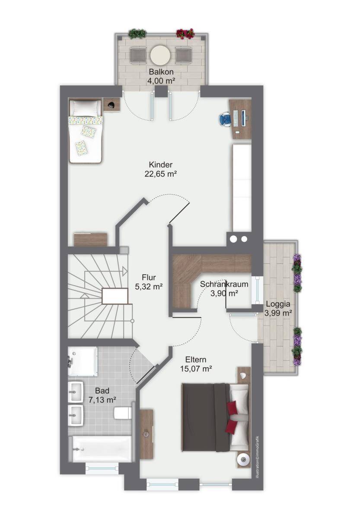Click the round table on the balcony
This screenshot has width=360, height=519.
point(160,55)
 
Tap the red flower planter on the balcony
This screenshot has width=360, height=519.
point(185,34)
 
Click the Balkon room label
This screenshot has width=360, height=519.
point(161,72)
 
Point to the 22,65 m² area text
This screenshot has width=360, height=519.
point(161,174)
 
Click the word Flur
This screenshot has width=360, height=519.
point(149,277)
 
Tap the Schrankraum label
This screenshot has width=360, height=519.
point(224,284)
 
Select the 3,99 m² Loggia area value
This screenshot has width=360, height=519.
point(278,313)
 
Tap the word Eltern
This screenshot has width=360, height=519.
point(196,359)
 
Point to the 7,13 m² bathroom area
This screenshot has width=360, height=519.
point(102,400)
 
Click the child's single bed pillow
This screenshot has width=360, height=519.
point(85,108)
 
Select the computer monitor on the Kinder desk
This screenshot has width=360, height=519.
point(244,118)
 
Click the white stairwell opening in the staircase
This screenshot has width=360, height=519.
point(115,296)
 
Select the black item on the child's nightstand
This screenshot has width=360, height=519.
point(112,105)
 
